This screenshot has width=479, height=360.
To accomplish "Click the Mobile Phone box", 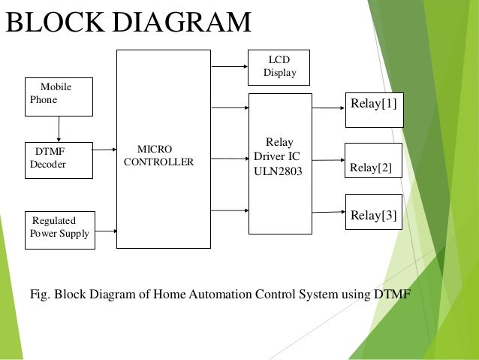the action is point(59,97).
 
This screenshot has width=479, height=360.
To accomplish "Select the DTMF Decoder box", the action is point(59,160).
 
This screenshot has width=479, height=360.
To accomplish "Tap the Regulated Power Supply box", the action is point(60,230).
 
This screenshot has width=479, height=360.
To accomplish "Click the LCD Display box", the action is point(279,68).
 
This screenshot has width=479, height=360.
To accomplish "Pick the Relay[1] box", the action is point(375,110).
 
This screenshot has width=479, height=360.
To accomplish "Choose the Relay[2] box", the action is point(373,160).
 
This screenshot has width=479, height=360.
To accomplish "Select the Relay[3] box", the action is point(374,212).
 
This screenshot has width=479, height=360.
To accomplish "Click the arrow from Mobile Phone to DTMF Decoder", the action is point(59,129).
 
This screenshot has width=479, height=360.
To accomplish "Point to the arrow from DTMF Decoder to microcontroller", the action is point(104,150).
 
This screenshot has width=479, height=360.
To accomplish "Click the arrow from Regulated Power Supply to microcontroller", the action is point(106,231).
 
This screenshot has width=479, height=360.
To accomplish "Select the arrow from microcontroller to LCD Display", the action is point(230,66).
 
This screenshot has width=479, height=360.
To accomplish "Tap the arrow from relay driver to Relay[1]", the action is point(328,107).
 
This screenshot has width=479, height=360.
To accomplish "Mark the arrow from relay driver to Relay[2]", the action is point(328,160).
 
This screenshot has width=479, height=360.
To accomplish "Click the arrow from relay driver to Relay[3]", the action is point(329,212).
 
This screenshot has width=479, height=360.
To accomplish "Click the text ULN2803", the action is point(278,171).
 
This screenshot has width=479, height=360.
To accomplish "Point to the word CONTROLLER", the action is point(158,162).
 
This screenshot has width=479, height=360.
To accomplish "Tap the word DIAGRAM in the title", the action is point(182,22).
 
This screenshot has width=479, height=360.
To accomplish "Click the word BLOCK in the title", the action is point(56,22).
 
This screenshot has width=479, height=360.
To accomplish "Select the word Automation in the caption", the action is point(221,295).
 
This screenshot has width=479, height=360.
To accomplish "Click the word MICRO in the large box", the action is point(155,149).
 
